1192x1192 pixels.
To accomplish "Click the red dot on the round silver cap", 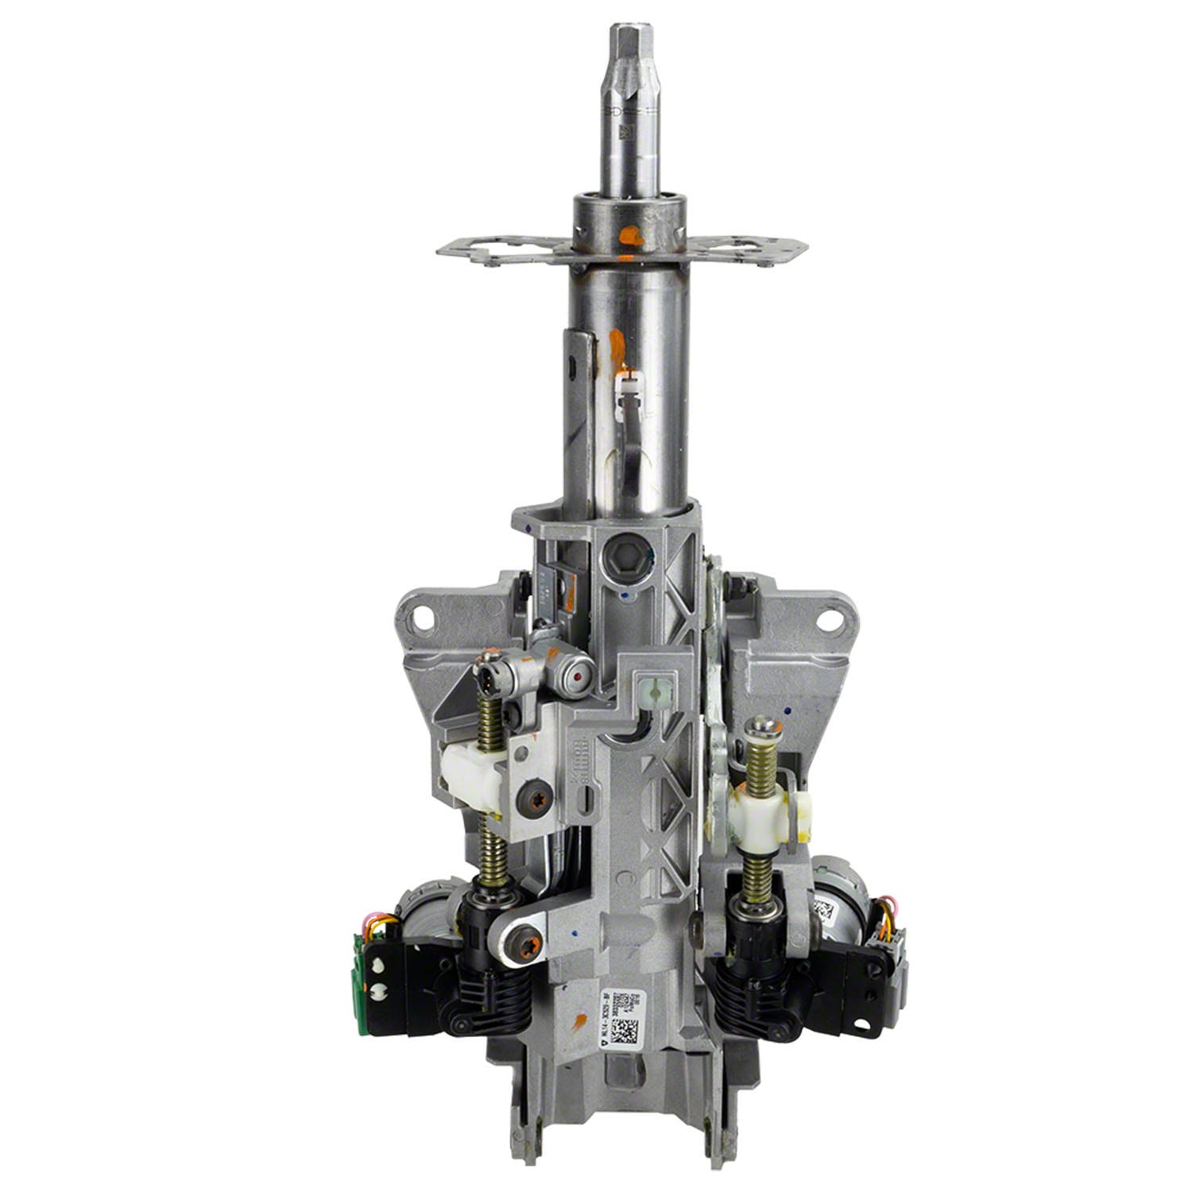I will (x=576, y=677).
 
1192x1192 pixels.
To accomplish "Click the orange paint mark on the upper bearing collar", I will (x=628, y=235).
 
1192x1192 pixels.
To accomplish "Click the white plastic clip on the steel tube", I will (x=628, y=387).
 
